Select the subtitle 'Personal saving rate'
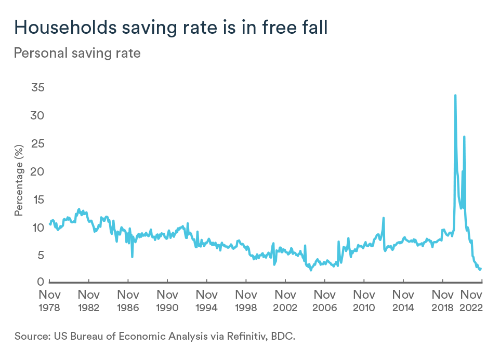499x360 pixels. click(77, 53)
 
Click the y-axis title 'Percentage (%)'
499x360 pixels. click(19, 181)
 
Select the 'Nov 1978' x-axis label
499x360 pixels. click(50, 301)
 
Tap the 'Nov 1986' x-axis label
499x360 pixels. click(128, 301)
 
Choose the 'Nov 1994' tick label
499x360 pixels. click(207, 301)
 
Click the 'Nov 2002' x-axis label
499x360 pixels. click(285, 301)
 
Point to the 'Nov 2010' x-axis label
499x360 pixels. click(364, 301)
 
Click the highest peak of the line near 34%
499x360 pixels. click(455, 96)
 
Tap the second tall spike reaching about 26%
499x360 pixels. click(464, 137)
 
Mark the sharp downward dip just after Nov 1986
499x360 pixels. click(132, 256)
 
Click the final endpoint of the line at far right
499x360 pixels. click(481, 269)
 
